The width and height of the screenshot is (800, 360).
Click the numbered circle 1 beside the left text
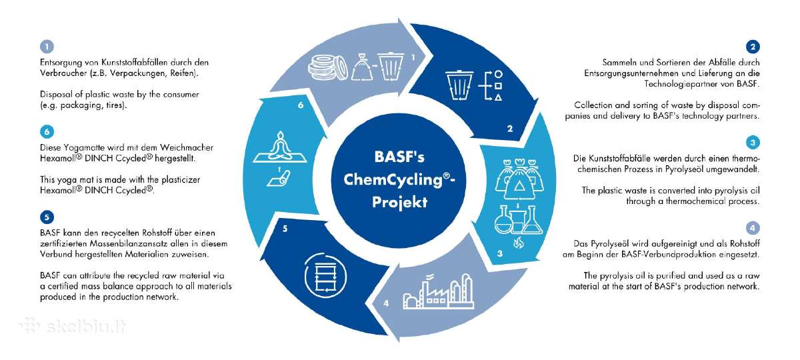pyautogui.click(x=47, y=47)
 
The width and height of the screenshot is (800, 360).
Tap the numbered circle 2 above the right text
pyautogui.click(x=753, y=47)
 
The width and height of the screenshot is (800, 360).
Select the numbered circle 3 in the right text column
pyautogui.click(x=753, y=143)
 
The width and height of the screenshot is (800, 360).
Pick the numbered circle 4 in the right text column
pyautogui.click(x=753, y=228)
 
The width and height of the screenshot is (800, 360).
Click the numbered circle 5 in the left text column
pyautogui.click(x=47, y=217)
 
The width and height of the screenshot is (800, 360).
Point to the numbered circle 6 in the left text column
pyautogui.click(x=47, y=132)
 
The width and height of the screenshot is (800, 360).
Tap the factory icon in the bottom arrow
pyautogui.click(x=438, y=291)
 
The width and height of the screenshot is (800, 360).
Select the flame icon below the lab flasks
pyautogui.click(x=518, y=243)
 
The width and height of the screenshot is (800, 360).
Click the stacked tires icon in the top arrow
pyautogui.click(x=327, y=67)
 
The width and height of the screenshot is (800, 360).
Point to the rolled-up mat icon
pyautogui.click(x=279, y=177)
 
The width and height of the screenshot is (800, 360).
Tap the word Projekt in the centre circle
pyautogui.click(x=399, y=202)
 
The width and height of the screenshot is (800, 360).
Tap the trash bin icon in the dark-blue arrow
pyautogui.click(x=459, y=85)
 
